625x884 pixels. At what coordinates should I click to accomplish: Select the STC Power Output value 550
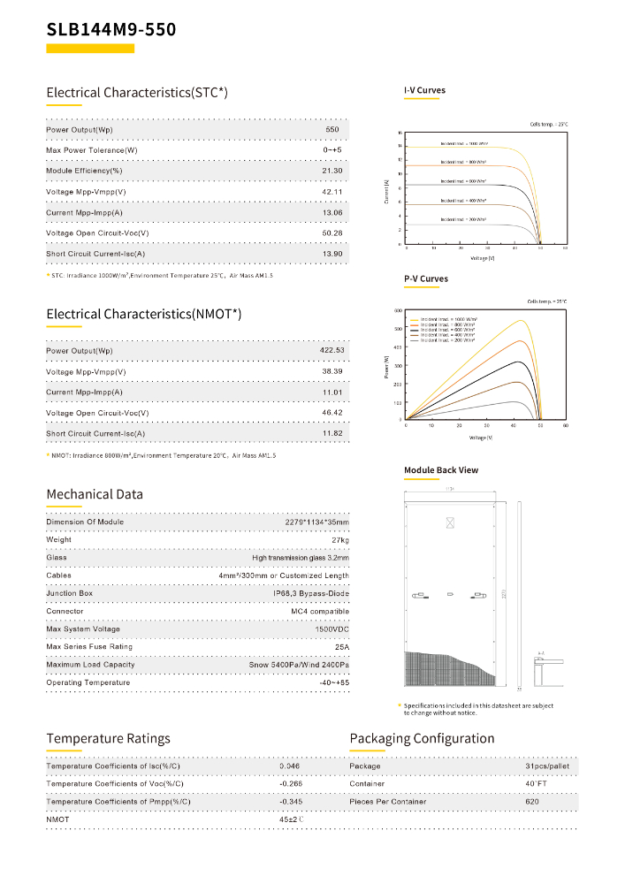pos(332,130)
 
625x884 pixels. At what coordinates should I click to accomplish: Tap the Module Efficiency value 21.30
pos(332,171)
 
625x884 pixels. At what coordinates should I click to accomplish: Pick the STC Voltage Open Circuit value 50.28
pos(332,233)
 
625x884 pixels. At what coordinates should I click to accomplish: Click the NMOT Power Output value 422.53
pos(332,351)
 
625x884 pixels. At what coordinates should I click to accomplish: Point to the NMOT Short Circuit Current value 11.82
pos(332,434)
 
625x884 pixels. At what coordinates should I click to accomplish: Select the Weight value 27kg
pos(339,539)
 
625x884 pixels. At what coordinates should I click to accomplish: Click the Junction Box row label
pos(69,593)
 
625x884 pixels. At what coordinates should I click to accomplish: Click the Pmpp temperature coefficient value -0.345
pos(290,802)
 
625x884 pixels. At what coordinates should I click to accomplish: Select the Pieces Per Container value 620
pos(531,802)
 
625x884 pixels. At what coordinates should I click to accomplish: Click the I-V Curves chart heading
pos(425,90)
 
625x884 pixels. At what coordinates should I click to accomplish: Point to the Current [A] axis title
pos(387,192)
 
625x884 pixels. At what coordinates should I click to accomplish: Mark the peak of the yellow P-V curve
pos(522,321)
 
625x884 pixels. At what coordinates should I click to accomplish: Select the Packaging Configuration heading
pos(422,739)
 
